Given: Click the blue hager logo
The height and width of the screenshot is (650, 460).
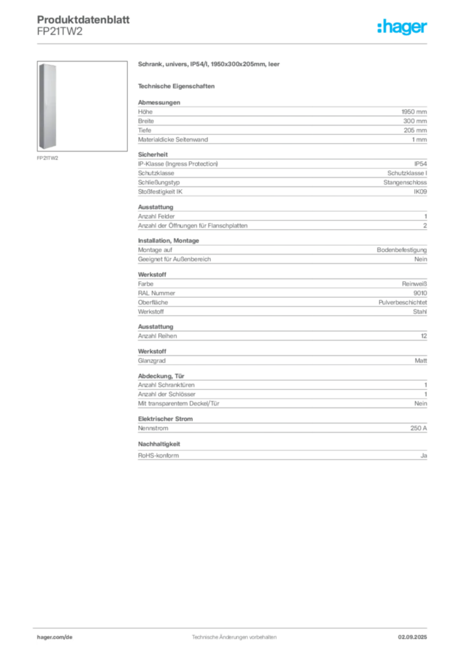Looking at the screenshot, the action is click(x=403, y=28).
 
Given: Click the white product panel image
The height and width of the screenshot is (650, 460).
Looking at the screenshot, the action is click(x=49, y=105).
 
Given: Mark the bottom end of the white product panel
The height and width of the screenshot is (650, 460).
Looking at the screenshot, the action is click(x=49, y=148).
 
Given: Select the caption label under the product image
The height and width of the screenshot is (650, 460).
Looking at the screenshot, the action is click(x=48, y=158).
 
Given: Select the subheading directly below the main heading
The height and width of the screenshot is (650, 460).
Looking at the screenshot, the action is click(x=179, y=85).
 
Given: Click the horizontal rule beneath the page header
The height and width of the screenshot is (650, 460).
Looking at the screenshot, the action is click(x=233, y=43).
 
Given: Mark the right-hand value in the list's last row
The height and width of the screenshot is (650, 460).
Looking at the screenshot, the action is click(x=424, y=454).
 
